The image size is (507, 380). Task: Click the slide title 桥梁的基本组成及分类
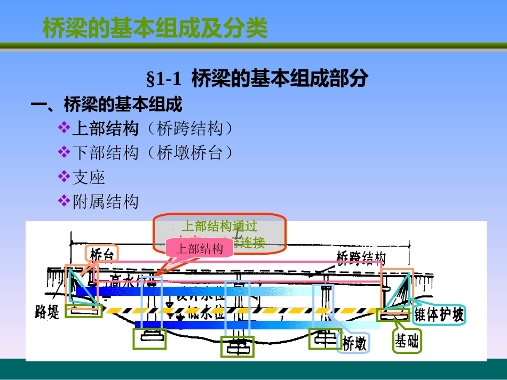tap(155, 29)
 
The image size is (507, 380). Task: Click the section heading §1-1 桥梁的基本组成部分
tap(257, 79)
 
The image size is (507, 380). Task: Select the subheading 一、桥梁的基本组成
tap(107, 104)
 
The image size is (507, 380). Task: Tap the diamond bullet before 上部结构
tap(64, 128)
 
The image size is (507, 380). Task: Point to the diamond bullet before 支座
tap(64, 176)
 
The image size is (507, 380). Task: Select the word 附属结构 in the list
tap(106, 201)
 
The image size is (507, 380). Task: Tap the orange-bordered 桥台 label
tap(101, 255)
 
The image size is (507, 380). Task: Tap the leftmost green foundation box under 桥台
tap(83, 311)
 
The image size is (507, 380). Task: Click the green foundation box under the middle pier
tap(237, 346)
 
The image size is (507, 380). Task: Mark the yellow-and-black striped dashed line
tap(240, 310)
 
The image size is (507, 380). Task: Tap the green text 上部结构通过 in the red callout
tap(219, 226)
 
